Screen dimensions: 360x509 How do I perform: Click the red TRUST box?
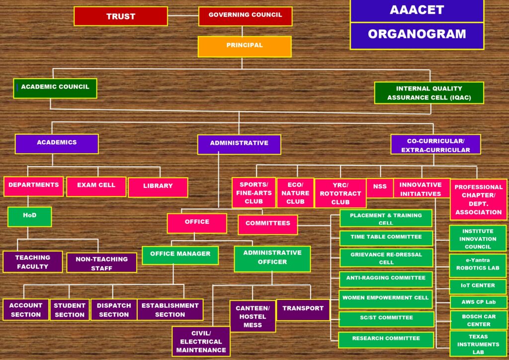pyautogui.click(x=121, y=16)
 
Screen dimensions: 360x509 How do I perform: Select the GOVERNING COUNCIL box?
pyautogui.click(x=245, y=16)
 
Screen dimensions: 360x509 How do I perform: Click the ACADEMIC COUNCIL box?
pyautogui.click(x=55, y=88)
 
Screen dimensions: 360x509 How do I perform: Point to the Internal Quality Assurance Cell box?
pyautogui.click(x=429, y=93)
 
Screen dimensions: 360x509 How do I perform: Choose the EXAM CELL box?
pyautogui.click(x=96, y=186)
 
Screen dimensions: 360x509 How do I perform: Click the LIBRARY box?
pyautogui.click(x=158, y=187)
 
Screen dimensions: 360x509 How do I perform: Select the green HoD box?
pyautogui.click(x=30, y=216)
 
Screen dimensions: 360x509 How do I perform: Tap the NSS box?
pyautogui.click(x=380, y=187)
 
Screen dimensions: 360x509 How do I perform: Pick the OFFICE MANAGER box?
pyautogui.click(x=180, y=255)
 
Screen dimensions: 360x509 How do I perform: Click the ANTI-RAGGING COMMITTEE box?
pyautogui.click(x=386, y=278)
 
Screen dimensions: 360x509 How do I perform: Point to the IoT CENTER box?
pyautogui.click(x=478, y=286)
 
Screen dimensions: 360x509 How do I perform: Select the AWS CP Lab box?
pyautogui.click(x=478, y=302)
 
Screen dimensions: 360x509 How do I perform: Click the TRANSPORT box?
pyautogui.click(x=303, y=309)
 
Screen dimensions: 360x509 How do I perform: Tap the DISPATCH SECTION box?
pyautogui.click(x=114, y=310)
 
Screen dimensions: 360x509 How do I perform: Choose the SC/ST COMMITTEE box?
pyautogui.click(x=386, y=319)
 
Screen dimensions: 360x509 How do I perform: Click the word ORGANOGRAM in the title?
pyautogui.click(x=417, y=34)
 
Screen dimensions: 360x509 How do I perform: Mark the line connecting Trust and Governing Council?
pyautogui.click(x=183, y=15)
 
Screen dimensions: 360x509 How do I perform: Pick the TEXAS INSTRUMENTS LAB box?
pyautogui.click(x=478, y=344)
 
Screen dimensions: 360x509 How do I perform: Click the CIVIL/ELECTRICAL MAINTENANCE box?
pyautogui.click(x=201, y=342)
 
